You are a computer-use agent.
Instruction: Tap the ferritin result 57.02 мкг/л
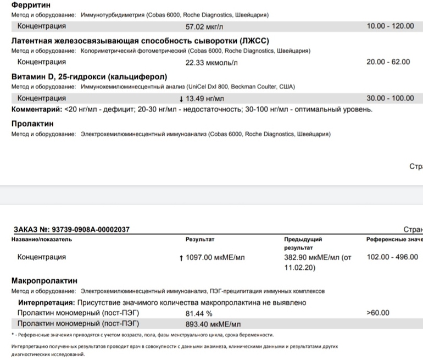(205, 26)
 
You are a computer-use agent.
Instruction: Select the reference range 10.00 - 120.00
(390, 26)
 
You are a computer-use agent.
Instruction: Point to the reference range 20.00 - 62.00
(388, 62)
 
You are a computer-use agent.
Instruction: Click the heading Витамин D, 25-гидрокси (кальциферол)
(89, 76)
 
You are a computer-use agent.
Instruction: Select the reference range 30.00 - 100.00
(390, 98)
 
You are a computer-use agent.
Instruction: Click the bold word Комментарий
(36, 109)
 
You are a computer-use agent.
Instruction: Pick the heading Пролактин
(32, 124)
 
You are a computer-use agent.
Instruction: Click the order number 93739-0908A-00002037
(88, 229)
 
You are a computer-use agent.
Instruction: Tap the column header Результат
(200, 240)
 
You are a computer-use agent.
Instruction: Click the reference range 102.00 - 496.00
(392, 257)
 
